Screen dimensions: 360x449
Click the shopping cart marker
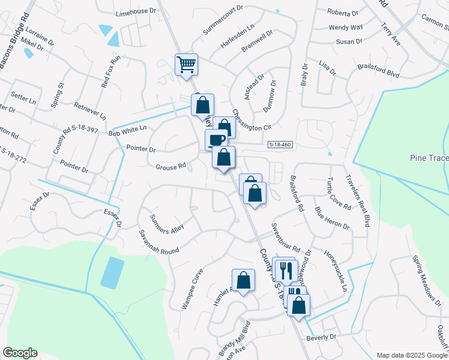click(x=186, y=64)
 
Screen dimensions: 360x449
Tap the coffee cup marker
click(x=216, y=140)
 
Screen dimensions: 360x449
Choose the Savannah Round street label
click(x=159, y=242)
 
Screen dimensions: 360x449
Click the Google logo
click(x=20, y=353)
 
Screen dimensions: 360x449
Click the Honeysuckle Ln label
click(x=337, y=271)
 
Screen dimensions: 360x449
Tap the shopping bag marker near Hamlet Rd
click(x=243, y=280)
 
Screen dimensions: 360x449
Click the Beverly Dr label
click(x=321, y=337)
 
